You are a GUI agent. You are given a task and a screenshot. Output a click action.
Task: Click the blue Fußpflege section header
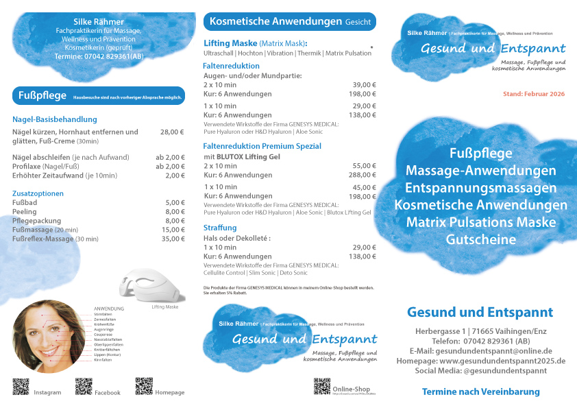point(99,96)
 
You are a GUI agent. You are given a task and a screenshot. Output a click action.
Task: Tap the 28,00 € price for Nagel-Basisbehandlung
point(173,132)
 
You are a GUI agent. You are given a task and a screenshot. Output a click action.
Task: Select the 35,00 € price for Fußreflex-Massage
point(173,239)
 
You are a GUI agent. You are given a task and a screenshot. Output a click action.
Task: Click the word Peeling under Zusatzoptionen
point(25,212)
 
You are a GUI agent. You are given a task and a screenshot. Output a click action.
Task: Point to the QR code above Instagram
point(21,387)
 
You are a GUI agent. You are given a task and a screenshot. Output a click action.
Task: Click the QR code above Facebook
point(84,387)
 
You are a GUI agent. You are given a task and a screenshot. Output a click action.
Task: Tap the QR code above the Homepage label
point(144,386)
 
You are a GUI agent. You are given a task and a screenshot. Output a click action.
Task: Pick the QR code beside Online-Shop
point(322,386)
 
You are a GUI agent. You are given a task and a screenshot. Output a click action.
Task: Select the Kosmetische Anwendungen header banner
point(289,22)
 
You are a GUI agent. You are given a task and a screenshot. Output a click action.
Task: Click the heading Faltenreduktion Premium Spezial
point(262,146)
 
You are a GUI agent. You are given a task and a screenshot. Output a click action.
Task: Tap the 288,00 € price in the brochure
point(364,176)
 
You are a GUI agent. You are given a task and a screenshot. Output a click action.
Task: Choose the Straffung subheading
point(220,228)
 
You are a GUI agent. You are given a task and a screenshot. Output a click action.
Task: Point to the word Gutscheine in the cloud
point(480,240)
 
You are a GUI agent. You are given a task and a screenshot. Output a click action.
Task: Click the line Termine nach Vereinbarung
point(480,392)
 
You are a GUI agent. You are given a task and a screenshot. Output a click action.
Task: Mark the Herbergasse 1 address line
point(480,331)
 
